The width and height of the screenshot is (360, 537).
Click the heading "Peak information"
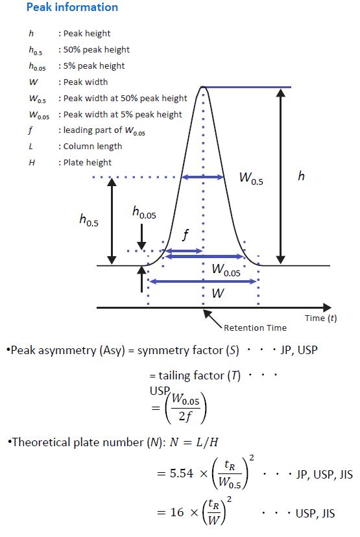(x=72, y=7)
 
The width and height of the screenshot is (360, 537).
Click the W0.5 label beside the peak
(x=251, y=178)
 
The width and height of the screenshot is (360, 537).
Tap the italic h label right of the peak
(x=301, y=176)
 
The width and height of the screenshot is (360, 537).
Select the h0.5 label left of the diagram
(x=89, y=219)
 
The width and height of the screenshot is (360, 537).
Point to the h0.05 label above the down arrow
(x=144, y=212)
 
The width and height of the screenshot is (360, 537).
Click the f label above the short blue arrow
(x=186, y=235)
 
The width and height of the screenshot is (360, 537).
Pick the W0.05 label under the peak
(x=226, y=270)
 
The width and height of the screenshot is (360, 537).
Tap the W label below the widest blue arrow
(x=218, y=293)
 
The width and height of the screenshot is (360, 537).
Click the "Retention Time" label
(x=255, y=328)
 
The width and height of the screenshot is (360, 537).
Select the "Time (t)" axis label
(x=321, y=318)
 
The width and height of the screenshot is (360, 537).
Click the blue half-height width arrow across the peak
(x=202, y=177)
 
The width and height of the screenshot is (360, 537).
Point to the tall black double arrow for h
(x=280, y=176)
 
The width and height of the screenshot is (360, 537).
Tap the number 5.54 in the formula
(x=182, y=473)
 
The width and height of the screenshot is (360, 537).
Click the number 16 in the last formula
(x=176, y=512)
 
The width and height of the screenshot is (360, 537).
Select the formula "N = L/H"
(x=194, y=442)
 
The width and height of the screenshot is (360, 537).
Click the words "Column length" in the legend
(x=93, y=146)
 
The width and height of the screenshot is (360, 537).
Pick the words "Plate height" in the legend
(x=88, y=162)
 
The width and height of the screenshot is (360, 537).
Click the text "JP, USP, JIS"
(x=324, y=474)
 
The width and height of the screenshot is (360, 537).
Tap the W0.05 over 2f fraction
(x=186, y=408)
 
